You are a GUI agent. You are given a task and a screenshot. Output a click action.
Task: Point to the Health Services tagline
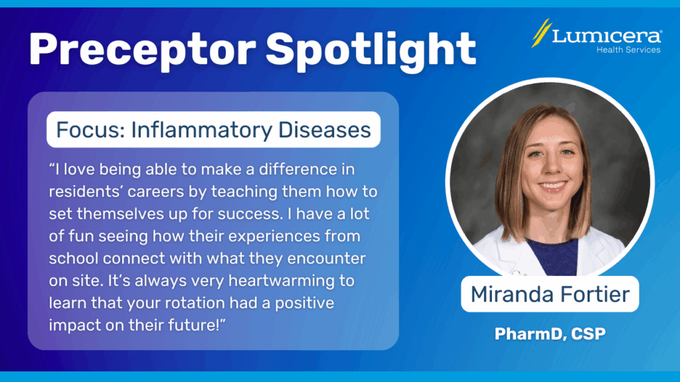coord(628,50)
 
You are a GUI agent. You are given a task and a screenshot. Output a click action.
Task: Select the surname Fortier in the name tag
coord(595,294)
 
